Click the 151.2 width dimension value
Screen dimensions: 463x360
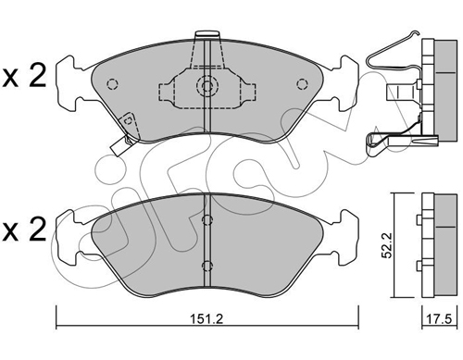(x=206, y=319)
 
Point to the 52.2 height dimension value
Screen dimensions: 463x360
(x=387, y=245)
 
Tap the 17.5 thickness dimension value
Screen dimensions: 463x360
(x=439, y=319)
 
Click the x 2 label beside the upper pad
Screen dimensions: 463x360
(x=24, y=75)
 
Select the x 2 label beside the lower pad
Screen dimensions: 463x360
(x=24, y=230)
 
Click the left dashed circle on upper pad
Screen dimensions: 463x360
(x=112, y=84)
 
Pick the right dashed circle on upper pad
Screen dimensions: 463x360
(x=302, y=84)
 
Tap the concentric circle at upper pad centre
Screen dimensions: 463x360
(x=207, y=85)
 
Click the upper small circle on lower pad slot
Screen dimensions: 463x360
(x=207, y=219)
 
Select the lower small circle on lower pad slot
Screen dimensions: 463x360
(x=207, y=266)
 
